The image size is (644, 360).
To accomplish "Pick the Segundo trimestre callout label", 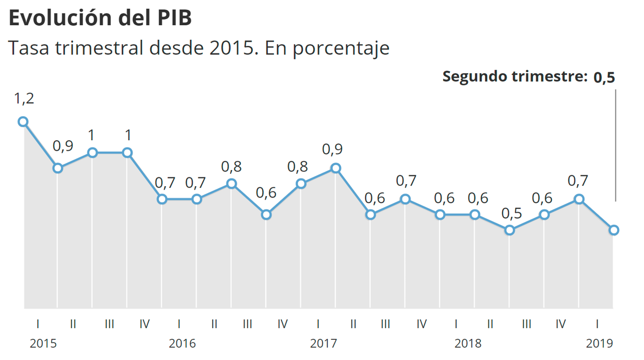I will point(515,77).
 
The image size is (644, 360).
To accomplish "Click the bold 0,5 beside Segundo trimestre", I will point(604,77).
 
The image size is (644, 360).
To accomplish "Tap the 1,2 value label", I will point(23,98).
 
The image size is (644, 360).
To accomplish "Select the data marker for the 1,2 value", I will point(23,122).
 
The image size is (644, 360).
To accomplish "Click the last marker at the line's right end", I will point(614,230).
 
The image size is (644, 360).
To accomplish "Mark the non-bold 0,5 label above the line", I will point(510,212).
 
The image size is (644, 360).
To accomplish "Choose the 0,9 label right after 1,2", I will point(63,146).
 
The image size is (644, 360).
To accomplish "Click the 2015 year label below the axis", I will point(43,343).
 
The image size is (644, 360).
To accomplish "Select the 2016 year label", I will point(182,343).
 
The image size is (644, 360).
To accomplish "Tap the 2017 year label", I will point(324,343).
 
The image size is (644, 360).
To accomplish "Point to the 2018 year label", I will point(468,343).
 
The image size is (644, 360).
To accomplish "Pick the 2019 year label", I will point(599,343).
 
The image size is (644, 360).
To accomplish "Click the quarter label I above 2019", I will point(597,324).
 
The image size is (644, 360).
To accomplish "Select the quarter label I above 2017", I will point(318,324).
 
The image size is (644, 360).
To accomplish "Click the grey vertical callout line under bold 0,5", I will point(616,144).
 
